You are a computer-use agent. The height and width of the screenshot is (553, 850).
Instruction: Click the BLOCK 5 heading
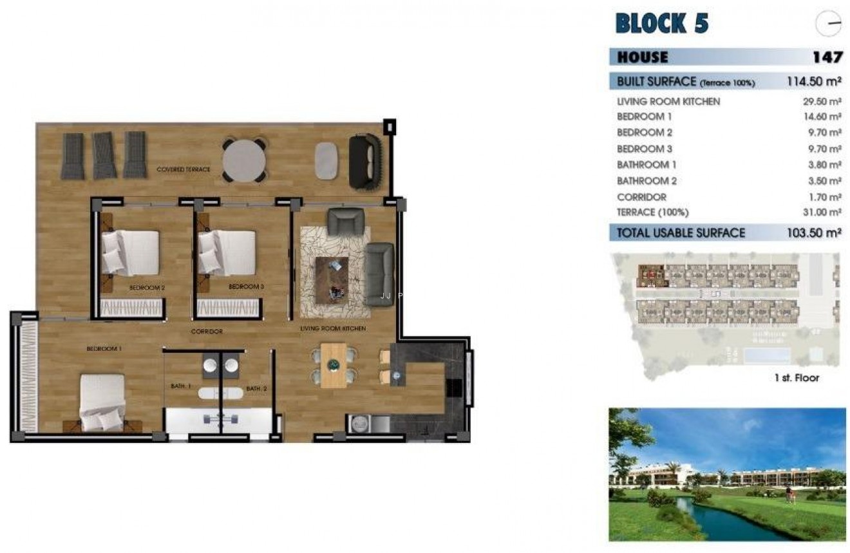(x=662, y=23)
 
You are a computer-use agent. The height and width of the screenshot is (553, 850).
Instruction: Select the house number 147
(x=827, y=57)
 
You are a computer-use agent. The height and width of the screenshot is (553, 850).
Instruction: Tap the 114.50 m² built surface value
(x=814, y=82)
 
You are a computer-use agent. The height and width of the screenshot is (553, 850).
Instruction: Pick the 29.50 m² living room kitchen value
(x=822, y=102)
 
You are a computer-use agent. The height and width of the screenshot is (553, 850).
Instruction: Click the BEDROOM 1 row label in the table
(x=644, y=117)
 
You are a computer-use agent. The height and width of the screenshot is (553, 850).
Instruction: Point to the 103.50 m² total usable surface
(x=814, y=233)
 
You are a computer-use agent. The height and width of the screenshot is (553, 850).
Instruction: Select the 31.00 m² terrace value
(x=822, y=212)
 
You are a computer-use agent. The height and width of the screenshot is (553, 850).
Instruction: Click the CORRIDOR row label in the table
(x=641, y=197)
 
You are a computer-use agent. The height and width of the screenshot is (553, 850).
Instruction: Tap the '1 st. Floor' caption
(x=797, y=378)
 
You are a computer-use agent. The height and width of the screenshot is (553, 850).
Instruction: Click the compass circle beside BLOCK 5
(x=828, y=24)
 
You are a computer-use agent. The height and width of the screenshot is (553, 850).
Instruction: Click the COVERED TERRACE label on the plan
(x=184, y=169)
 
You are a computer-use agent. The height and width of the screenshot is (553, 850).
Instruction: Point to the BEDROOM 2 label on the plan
(x=147, y=288)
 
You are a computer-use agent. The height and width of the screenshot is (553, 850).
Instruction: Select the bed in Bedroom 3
(x=227, y=252)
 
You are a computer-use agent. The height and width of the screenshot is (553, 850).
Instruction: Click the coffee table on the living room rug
(x=332, y=277)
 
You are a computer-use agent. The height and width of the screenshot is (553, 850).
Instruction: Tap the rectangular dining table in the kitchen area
(x=334, y=365)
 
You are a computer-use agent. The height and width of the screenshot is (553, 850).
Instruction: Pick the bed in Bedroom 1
(x=102, y=402)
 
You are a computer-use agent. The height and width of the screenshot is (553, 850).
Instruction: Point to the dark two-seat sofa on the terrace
(x=365, y=162)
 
